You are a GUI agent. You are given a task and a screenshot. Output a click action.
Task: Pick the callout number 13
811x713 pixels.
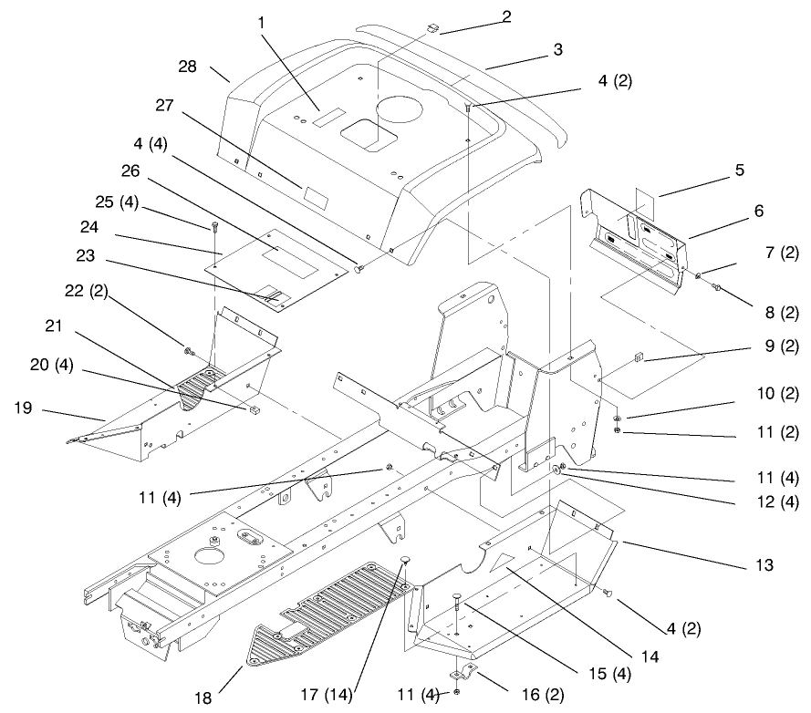pyautogui.click(x=763, y=565)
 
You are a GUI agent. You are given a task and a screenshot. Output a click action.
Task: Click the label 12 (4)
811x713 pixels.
pyautogui.click(x=777, y=501)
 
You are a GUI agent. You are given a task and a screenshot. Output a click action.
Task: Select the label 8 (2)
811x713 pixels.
pyautogui.click(x=778, y=313)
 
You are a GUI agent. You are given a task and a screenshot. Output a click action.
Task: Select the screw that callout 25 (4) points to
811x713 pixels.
pyautogui.click(x=213, y=224)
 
